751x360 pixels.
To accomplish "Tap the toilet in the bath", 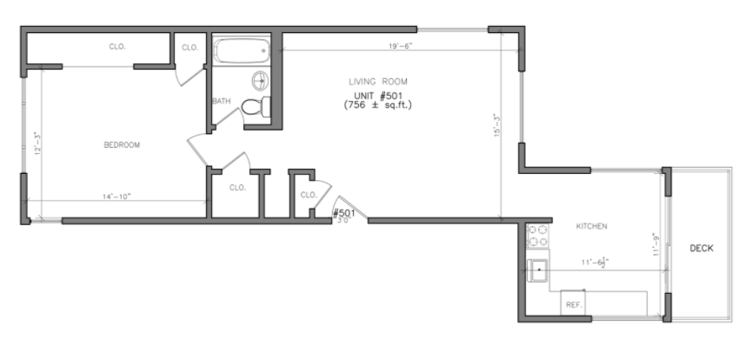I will click(x=253, y=107).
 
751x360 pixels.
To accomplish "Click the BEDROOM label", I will click(x=122, y=145).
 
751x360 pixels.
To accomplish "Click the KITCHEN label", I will click(x=591, y=227).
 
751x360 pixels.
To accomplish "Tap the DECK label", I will click(x=701, y=249).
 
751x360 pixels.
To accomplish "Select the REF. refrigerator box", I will click(x=574, y=305).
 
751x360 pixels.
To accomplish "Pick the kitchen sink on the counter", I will click(x=539, y=270).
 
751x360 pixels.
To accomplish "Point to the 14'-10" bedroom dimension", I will click(x=116, y=197).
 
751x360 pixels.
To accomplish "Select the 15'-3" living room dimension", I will click(x=496, y=127).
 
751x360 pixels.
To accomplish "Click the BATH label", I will click(x=222, y=102).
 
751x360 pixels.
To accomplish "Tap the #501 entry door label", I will click(x=344, y=213).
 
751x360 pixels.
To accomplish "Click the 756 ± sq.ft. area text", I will click(x=378, y=105).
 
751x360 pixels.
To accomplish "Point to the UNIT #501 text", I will click(x=378, y=95).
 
